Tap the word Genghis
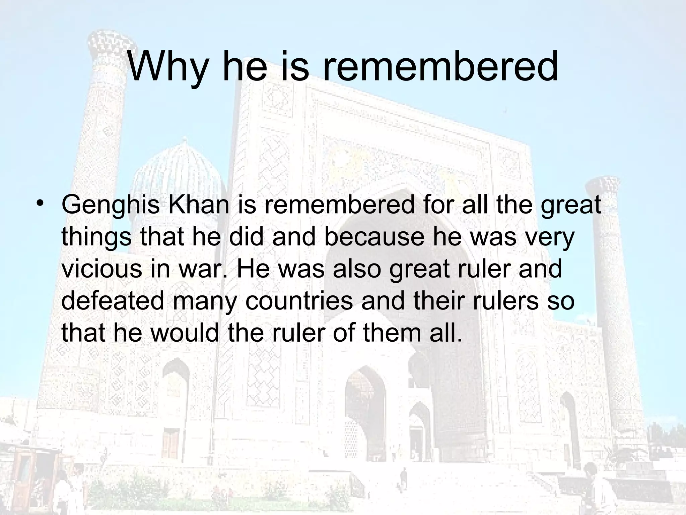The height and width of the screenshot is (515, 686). coord(111,205)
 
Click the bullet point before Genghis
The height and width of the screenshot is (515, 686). coord(41,204)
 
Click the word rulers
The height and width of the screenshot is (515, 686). coord(503,300)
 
